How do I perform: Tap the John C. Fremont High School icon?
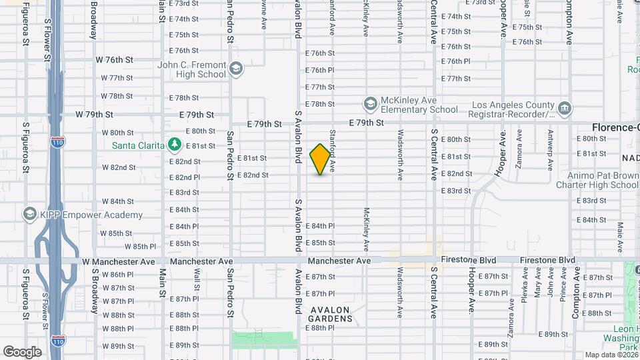(236, 69)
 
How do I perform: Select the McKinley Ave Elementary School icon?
(370, 104)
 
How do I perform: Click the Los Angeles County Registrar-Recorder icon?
(564, 108)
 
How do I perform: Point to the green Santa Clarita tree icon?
(175, 144)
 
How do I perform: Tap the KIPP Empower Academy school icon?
(29, 214)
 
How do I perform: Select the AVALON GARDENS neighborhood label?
(331, 314)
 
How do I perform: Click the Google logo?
(22, 351)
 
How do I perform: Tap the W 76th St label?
(115, 59)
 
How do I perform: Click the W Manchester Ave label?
(117, 262)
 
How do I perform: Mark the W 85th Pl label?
(140, 247)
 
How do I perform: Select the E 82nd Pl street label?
(185, 177)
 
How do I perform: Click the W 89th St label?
(117, 346)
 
